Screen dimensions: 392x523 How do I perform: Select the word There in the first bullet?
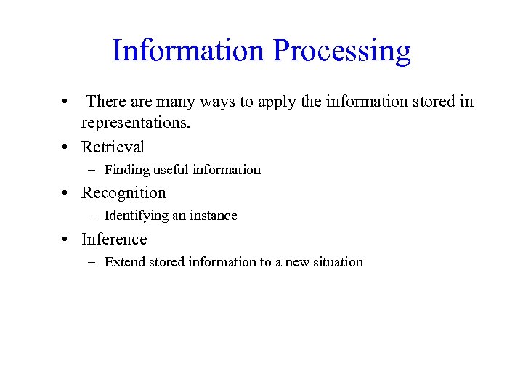(x=106, y=102)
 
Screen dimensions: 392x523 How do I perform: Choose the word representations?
(x=135, y=123)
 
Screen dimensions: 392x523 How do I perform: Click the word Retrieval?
(x=113, y=147)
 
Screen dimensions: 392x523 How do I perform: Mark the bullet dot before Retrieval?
(x=65, y=147)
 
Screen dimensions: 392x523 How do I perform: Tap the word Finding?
(x=126, y=170)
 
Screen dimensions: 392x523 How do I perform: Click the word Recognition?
(x=123, y=193)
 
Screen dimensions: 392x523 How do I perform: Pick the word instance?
(x=214, y=216)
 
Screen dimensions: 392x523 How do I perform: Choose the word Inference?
(x=114, y=239)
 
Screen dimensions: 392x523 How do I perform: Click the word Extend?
(x=124, y=262)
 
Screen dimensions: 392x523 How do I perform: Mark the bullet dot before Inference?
(x=65, y=240)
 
